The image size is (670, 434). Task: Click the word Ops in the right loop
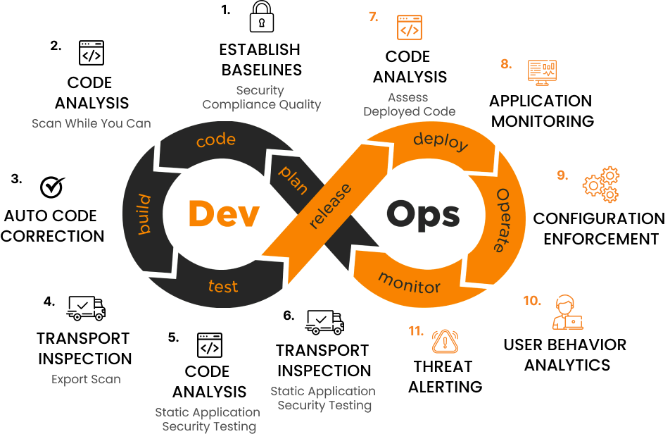tap(423, 215)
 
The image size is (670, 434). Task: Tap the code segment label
tap(215, 140)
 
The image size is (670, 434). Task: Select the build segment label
tap(144, 215)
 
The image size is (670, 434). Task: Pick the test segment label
tap(223, 286)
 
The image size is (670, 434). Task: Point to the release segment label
tap(331, 206)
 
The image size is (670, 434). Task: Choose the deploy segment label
tap(441, 141)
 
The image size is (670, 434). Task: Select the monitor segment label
tap(410, 283)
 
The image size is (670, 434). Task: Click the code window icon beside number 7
tap(410, 27)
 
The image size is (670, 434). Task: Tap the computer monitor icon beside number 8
tap(542, 72)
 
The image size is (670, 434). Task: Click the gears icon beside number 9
tap(601, 185)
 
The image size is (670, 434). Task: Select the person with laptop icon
tap(567, 313)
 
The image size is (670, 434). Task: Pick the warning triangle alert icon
tap(445, 341)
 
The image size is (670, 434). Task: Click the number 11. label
tap(416, 330)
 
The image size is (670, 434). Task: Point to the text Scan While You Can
tap(91, 123)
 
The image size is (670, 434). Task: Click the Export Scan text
tap(86, 379)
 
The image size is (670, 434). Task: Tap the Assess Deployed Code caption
tap(409, 104)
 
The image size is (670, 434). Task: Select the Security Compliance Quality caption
tap(261, 97)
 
